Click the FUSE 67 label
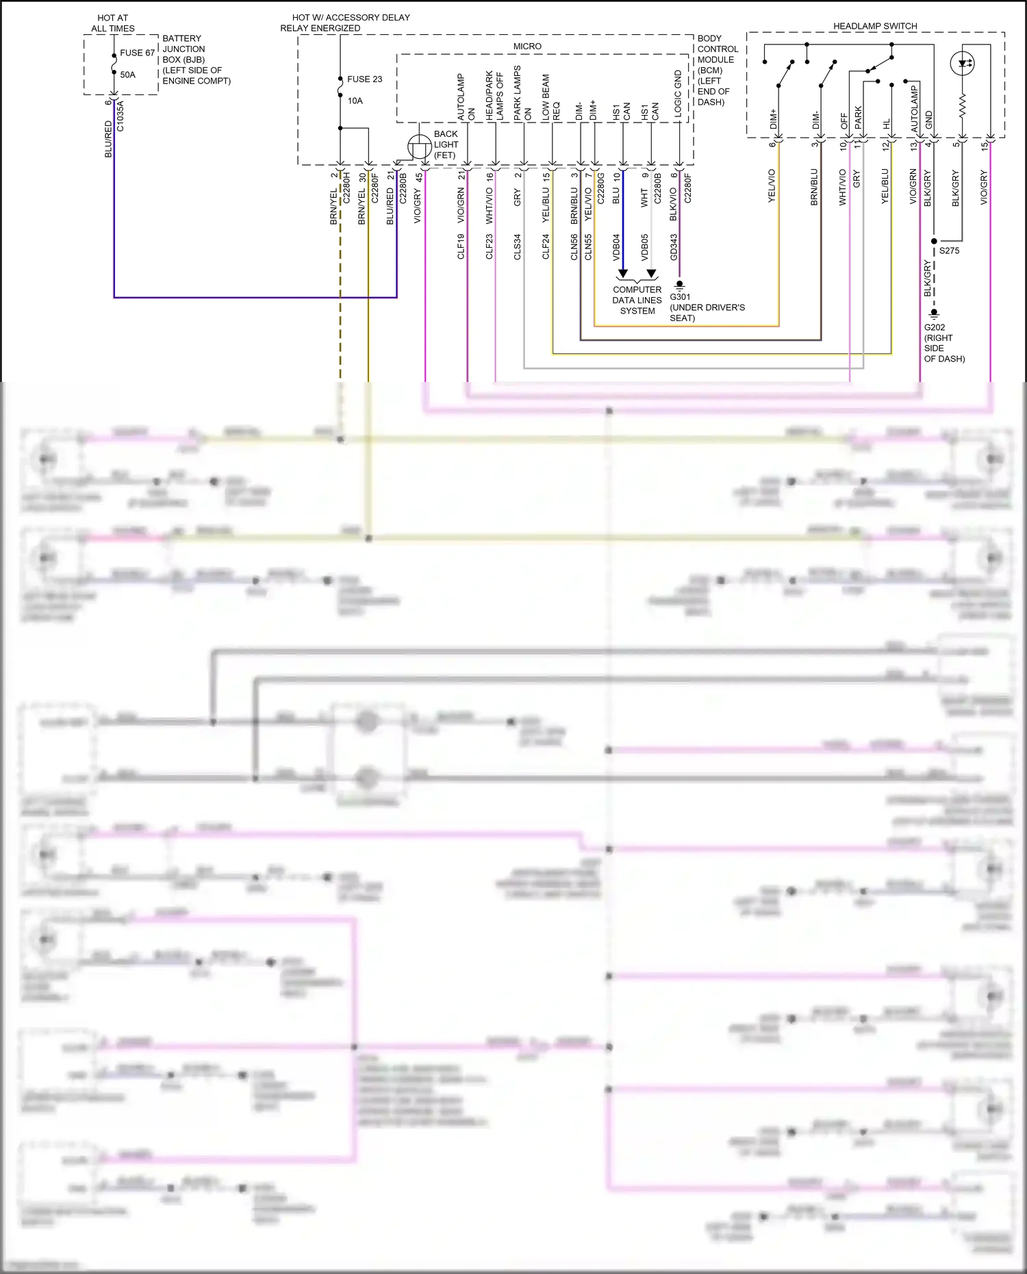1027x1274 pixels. [137, 53]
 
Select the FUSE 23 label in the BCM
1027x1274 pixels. [364, 79]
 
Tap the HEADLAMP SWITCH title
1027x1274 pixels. [875, 26]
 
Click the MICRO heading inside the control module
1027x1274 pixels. [527, 47]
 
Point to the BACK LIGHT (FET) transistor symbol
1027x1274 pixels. [419, 146]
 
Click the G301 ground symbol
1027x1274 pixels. [679, 285]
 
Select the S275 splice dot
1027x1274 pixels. [934, 242]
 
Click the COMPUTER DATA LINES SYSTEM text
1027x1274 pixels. [637, 300]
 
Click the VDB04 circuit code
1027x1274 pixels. [616, 247]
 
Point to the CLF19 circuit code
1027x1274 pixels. [461, 246]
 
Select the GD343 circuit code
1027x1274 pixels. [674, 247]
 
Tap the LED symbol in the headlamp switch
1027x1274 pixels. [963, 64]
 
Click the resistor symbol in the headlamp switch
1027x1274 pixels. [963, 105]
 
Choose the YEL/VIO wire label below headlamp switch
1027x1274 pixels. [772, 186]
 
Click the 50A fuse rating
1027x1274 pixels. [128, 75]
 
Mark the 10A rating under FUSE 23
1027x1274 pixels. [355, 101]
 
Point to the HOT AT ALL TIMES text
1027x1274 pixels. [113, 23]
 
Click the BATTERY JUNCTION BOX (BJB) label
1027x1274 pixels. [196, 60]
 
